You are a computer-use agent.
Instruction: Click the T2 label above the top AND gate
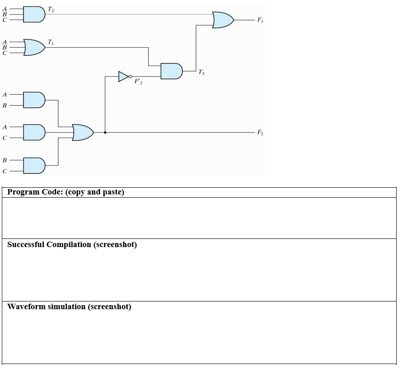point(51,10)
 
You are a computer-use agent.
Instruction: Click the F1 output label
point(260,20)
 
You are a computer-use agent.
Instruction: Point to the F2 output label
point(260,132)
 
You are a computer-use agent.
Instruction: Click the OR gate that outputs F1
point(223,20)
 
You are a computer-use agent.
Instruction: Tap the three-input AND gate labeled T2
point(34,15)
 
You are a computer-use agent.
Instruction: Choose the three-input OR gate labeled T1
point(34,47)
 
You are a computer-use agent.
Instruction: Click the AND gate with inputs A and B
point(34,100)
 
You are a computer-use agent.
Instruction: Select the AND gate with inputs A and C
point(34,132)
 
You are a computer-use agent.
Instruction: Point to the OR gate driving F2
point(83,132)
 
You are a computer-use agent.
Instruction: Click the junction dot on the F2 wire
point(105,132)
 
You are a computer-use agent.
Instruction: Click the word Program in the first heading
point(23,192)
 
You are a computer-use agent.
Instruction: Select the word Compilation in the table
point(69,245)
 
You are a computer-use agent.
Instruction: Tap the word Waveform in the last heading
point(26,307)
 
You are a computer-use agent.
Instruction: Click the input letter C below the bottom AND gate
point(5,171)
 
